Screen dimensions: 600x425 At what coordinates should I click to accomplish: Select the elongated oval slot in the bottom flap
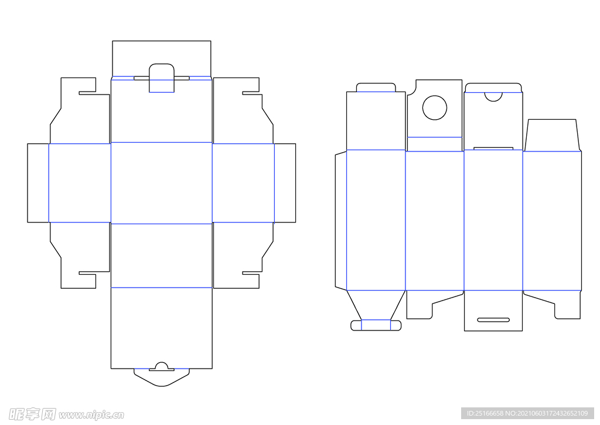493,319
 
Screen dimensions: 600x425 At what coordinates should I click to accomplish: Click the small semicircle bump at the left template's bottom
162,363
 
